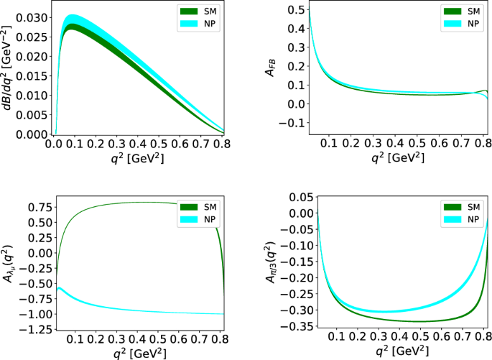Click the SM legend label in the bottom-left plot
coord(212,206)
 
